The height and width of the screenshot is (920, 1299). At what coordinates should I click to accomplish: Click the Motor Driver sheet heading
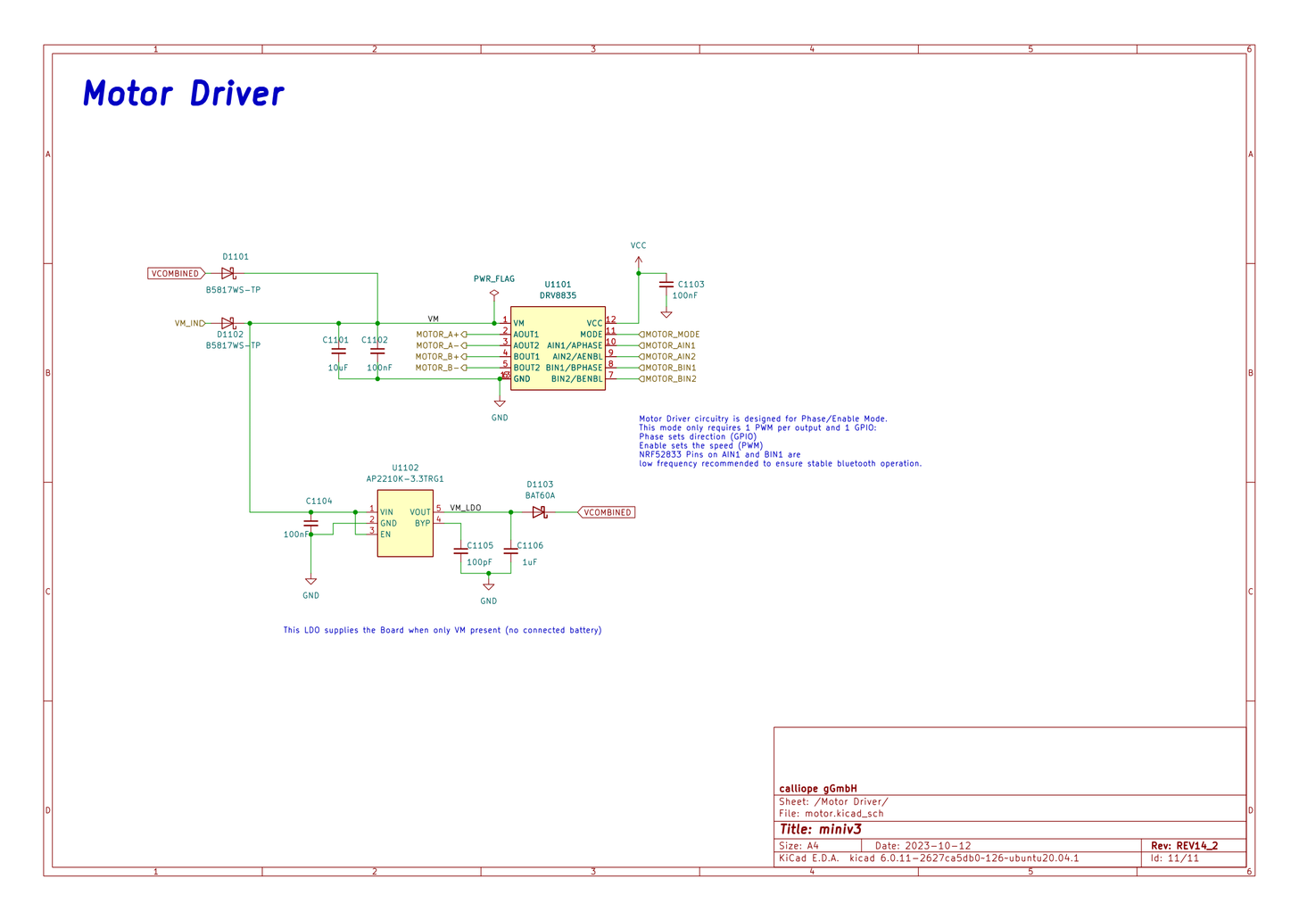(x=183, y=94)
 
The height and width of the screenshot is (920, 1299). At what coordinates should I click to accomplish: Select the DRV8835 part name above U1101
(x=558, y=295)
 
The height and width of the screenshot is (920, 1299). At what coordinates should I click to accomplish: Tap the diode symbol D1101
(x=228, y=273)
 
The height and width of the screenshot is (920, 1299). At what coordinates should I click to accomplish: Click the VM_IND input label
(x=189, y=323)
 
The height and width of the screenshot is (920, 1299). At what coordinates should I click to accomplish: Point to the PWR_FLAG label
(x=493, y=279)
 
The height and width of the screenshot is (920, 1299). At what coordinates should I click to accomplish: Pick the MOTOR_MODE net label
(x=672, y=335)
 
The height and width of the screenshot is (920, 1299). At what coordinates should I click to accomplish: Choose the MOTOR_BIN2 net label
(x=670, y=379)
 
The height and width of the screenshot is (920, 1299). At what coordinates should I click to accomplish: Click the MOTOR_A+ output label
(x=437, y=335)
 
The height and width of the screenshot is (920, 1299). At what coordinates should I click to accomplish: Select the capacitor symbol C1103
(x=666, y=285)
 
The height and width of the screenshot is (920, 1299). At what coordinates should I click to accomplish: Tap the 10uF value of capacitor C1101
(x=338, y=368)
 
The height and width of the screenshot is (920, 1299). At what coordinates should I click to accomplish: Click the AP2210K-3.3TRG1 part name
(x=405, y=479)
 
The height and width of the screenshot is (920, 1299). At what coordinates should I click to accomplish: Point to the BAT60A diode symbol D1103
(x=539, y=512)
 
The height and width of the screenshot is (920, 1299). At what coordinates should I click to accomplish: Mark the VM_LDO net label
(x=465, y=508)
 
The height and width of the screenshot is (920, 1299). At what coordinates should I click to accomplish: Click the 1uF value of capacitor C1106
(x=530, y=562)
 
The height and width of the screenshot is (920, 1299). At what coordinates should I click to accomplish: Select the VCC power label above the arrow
(x=638, y=245)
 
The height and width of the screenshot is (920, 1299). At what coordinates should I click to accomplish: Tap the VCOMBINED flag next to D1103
(x=608, y=512)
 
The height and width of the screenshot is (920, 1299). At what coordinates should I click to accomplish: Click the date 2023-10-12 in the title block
(x=938, y=845)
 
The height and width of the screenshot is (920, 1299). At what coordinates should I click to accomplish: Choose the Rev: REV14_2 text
(x=1184, y=845)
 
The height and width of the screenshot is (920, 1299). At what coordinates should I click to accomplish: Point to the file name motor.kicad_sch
(x=844, y=813)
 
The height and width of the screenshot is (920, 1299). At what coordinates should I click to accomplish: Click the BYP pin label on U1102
(x=422, y=524)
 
